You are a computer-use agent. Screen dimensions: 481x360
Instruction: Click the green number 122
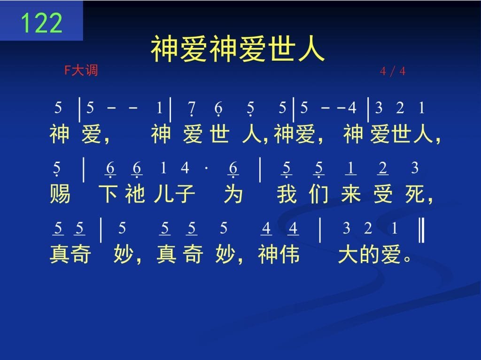pyautogui.click(x=42, y=23)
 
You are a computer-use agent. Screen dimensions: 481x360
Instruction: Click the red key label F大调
pyautogui.click(x=81, y=70)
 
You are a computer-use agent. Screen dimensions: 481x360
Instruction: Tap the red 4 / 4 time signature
pyautogui.click(x=393, y=71)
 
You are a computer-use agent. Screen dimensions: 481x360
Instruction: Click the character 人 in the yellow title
pyautogui.click(x=310, y=48)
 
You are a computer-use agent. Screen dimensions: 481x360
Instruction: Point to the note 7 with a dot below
pyautogui.click(x=192, y=109)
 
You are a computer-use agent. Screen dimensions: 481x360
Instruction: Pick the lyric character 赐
pyautogui.click(x=60, y=194)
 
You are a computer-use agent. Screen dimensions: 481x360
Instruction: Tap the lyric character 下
pyautogui.click(x=109, y=194)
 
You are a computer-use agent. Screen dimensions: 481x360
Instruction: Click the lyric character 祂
pyautogui.click(x=135, y=194)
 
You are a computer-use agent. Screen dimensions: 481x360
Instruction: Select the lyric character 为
pyautogui.click(x=233, y=194)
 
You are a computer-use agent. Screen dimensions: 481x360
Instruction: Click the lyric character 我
pyautogui.click(x=287, y=194)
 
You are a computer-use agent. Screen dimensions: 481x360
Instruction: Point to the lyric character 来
pyautogui.click(x=351, y=194)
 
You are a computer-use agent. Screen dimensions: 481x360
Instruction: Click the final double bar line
pyautogui.click(x=421, y=230)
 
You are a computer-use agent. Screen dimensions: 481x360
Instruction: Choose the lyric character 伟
pyautogui.click(x=289, y=254)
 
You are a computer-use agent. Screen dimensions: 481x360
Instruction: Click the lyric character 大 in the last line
pyautogui.click(x=349, y=254)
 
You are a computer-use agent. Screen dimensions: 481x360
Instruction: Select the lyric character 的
pyautogui.click(x=370, y=254)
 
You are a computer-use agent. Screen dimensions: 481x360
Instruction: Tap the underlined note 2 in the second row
pyautogui.click(x=382, y=169)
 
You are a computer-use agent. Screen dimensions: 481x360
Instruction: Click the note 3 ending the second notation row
pyautogui.click(x=415, y=168)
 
